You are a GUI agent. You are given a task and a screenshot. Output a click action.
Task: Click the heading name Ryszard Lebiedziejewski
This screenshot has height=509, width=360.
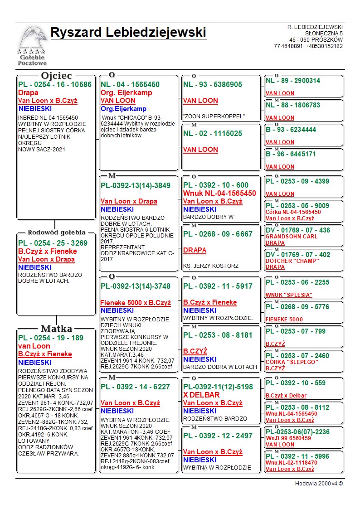pyautogui.click(x=128, y=33)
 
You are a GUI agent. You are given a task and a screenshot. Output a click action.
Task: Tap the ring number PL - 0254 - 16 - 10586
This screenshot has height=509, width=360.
pyautogui.click(x=55, y=84)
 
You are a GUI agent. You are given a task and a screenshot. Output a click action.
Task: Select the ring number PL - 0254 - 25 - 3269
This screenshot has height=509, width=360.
pyautogui.click(x=53, y=243)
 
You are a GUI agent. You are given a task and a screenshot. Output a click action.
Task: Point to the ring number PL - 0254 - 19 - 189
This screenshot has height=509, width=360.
pyautogui.click(x=51, y=338)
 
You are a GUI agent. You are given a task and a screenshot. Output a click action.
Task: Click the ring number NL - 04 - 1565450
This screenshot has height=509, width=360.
pyautogui.click(x=130, y=84)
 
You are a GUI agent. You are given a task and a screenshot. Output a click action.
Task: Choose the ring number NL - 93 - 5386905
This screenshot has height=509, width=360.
pyautogui.click(x=213, y=84)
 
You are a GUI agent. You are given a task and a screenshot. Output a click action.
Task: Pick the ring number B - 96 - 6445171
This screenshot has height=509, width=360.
pyautogui.click(x=291, y=154)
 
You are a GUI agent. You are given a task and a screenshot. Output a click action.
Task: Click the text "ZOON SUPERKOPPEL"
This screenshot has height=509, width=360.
pyautogui.click(x=214, y=116)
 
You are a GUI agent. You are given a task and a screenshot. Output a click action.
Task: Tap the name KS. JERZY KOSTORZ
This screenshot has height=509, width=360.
pyautogui.click(x=211, y=266)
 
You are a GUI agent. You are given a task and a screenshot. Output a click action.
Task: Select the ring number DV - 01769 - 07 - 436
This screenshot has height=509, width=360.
pyautogui.click(x=298, y=230)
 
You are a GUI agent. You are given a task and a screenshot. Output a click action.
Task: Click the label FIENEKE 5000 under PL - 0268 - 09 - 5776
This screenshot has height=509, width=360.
pyautogui.click(x=284, y=319)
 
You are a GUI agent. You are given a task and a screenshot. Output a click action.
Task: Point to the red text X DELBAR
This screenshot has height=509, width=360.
pyautogui.click(x=201, y=395)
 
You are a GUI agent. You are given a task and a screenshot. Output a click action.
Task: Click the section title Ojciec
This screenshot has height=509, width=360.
pyautogui.click(x=57, y=75)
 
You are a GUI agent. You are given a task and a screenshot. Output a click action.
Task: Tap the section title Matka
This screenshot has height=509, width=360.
pyautogui.click(x=57, y=329)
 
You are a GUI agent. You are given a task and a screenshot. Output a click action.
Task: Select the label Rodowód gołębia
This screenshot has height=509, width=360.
pyautogui.click(x=56, y=233)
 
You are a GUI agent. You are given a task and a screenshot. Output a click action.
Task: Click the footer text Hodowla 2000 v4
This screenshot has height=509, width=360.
pyautogui.click(x=319, y=484)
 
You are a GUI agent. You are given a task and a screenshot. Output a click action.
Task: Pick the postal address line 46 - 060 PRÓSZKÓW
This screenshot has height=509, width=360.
pyautogui.click(x=316, y=40)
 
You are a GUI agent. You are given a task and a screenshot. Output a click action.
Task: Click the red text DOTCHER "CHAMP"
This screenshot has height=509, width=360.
pyautogui.click(x=292, y=261)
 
